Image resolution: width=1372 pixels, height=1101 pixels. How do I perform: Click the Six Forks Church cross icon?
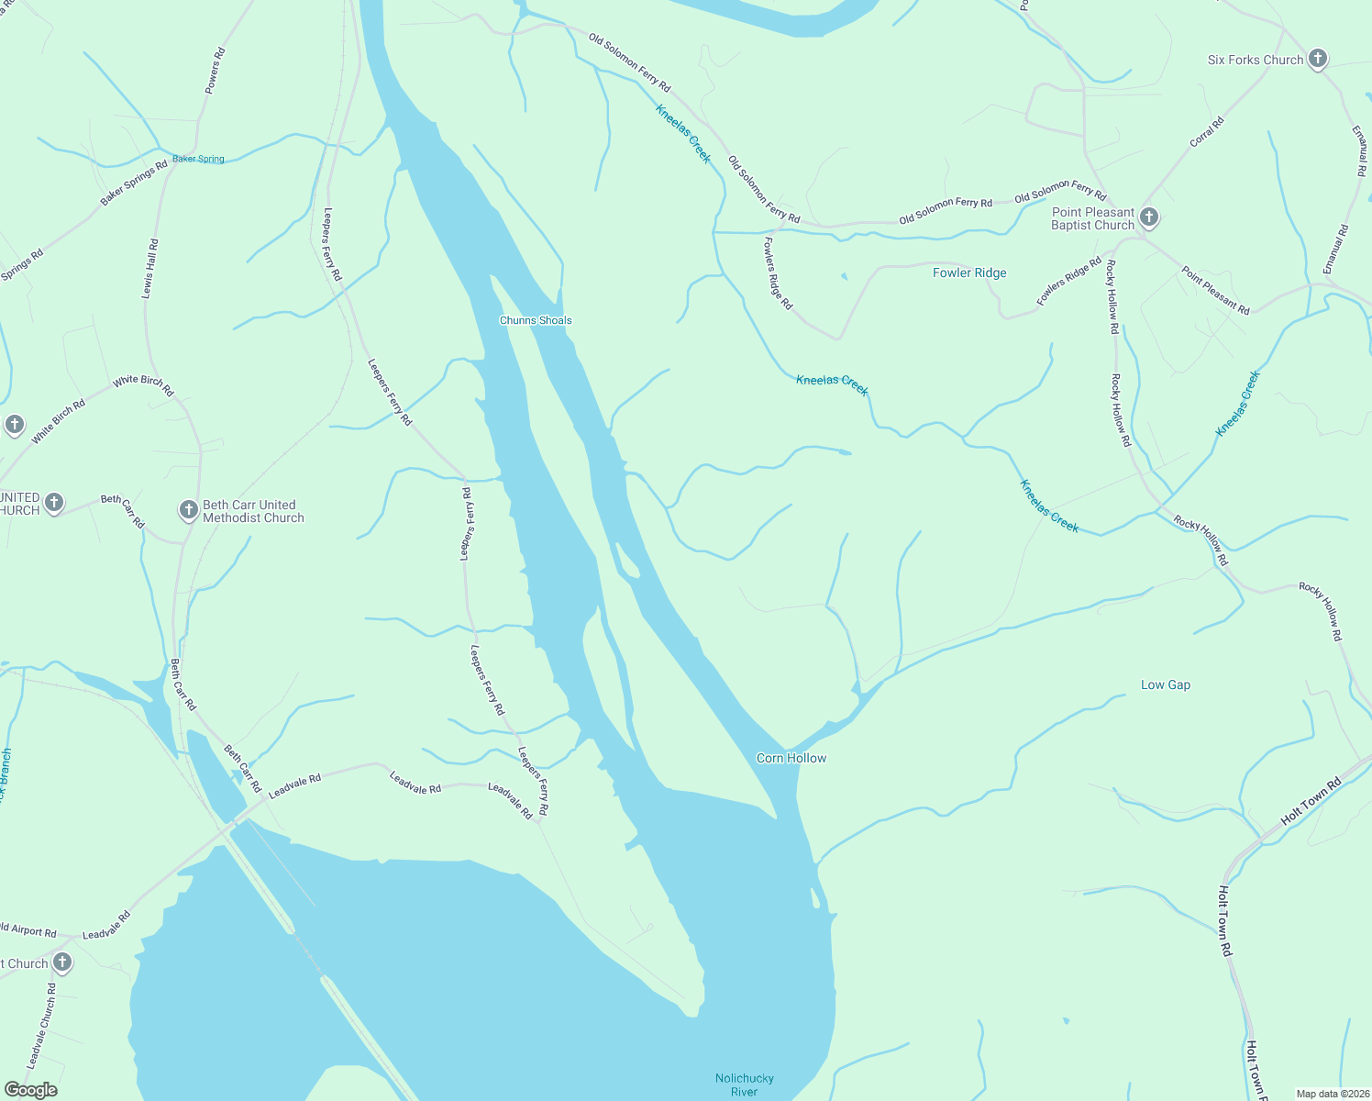[1317, 60]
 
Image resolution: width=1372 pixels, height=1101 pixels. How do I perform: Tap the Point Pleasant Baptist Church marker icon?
[1149, 218]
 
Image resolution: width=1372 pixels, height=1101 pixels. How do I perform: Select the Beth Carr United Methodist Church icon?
[188, 510]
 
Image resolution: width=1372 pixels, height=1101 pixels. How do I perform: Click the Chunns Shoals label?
[536, 320]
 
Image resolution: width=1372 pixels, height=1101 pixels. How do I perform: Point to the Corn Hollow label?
[791, 758]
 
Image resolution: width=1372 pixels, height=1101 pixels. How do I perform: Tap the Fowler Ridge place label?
[969, 272]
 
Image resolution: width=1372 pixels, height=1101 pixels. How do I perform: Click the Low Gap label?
[1166, 684]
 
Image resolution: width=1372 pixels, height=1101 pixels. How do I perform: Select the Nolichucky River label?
[745, 1084]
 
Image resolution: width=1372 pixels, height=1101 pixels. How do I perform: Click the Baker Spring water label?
[198, 159]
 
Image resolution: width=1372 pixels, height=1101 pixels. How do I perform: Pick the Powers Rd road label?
[214, 71]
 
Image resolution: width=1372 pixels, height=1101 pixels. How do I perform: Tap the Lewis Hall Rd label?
[149, 269]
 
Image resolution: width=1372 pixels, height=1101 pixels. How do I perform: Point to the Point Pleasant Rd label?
[1215, 290]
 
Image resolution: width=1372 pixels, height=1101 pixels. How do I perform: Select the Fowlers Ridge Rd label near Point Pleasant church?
[1068, 281]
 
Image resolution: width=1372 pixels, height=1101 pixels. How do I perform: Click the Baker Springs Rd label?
[134, 183]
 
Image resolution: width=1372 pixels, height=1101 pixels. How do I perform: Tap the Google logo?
[31, 1090]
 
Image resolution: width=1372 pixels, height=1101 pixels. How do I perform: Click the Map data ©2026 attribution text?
[1333, 1094]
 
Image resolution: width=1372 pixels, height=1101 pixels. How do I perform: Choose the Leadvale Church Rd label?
[41, 1026]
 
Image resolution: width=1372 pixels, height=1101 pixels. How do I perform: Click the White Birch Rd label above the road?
[143, 384]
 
